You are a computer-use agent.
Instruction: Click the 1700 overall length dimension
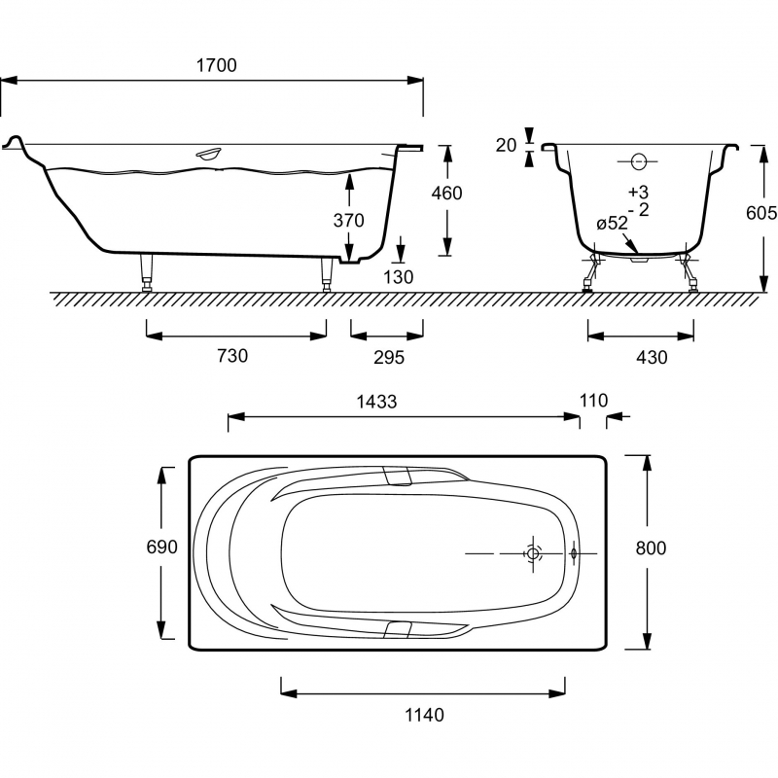[x=216, y=65]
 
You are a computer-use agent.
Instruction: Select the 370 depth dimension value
[x=348, y=221]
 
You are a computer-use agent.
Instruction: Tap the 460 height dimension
[x=446, y=193]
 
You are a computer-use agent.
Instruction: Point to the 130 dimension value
[x=399, y=277]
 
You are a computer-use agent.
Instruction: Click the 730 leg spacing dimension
[x=232, y=356]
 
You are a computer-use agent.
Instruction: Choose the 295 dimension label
[x=388, y=357]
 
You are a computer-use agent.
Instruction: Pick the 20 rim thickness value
[x=505, y=145]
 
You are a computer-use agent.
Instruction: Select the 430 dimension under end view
[x=652, y=357]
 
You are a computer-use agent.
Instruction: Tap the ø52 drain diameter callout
[x=612, y=223]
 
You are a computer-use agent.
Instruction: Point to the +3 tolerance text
[x=637, y=191]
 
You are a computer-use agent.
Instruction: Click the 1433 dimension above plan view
[x=377, y=401]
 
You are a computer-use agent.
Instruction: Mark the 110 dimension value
[x=592, y=400]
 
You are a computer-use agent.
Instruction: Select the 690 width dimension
[x=160, y=548]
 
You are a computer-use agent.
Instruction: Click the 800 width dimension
[x=651, y=548]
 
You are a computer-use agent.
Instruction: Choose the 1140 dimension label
[x=424, y=715]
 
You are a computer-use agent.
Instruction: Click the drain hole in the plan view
[x=533, y=552]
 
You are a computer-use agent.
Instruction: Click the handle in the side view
[x=208, y=154]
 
